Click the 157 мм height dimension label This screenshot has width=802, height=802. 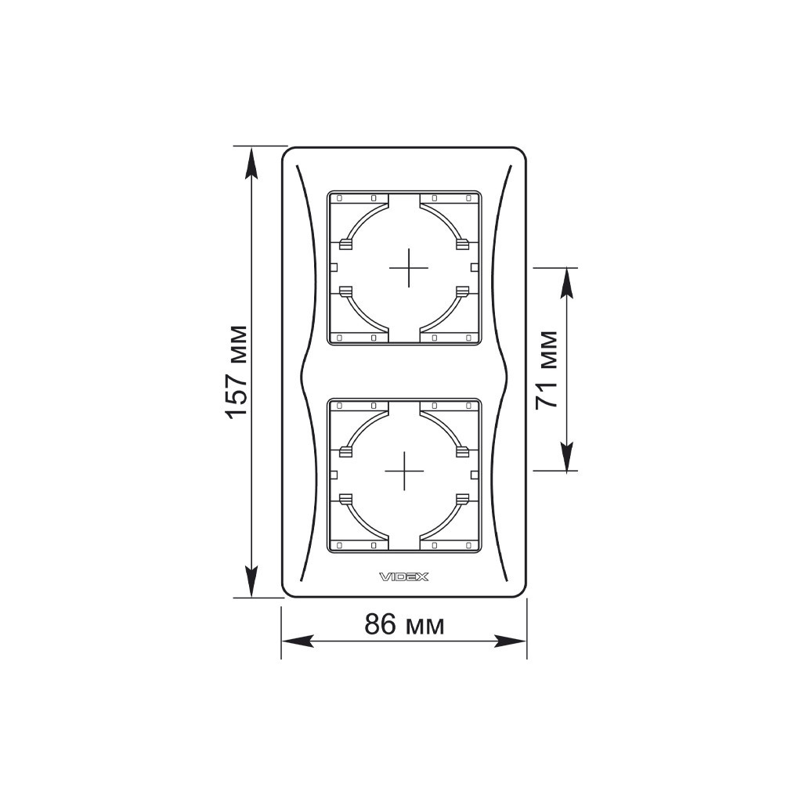[237, 372]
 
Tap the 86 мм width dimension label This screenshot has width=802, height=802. [404, 624]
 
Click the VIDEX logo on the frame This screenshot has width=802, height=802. [403, 577]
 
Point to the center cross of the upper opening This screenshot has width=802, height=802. [408, 268]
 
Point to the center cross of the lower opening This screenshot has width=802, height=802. [404, 471]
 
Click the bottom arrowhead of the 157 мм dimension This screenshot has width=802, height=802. [251, 581]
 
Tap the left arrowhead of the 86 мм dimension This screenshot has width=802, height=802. [298, 641]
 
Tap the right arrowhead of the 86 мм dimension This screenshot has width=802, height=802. [511, 641]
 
